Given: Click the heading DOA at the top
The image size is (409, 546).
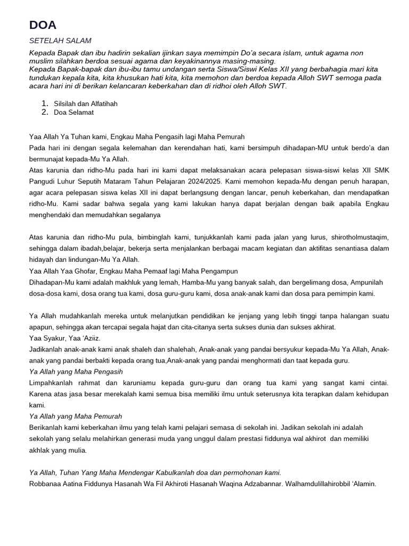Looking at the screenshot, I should (x=43, y=25).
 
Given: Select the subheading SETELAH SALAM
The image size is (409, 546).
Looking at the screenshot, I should (x=60, y=41).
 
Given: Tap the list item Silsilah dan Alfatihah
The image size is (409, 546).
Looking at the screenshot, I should (x=86, y=103).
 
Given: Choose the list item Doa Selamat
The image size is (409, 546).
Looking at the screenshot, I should (x=74, y=113).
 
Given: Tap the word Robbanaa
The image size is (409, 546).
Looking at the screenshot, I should (x=46, y=484).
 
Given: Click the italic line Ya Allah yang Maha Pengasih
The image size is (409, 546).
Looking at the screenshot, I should (x=76, y=372).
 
